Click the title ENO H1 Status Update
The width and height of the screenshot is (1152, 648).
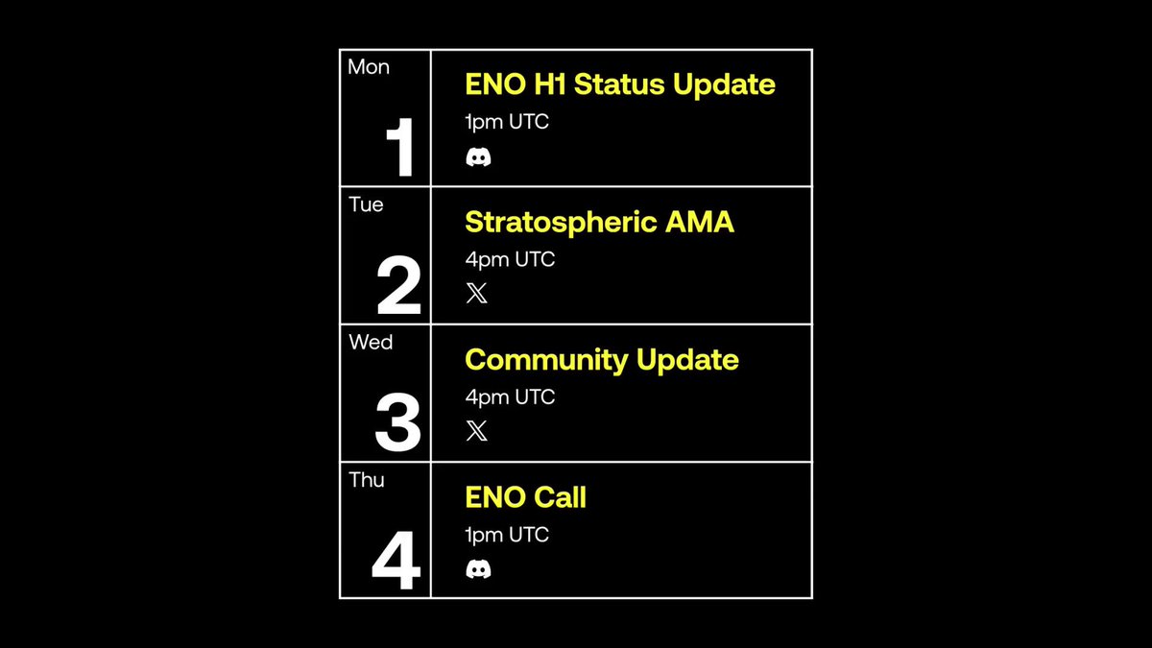click(620, 84)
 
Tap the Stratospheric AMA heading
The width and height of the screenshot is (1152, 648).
click(599, 223)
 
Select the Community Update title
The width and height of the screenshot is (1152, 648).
click(602, 360)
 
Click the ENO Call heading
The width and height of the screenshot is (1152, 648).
click(526, 497)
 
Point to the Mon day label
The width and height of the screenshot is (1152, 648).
click(369, 67)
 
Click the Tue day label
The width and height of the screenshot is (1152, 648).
click(366, 204)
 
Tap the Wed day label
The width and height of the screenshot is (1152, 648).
click(371, 342)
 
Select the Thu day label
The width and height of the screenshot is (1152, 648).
click(366, 480)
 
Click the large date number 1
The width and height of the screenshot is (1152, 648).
click(400, 147)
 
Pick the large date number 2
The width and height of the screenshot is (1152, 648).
click(398, 284)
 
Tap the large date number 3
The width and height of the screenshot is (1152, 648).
click(397, 422)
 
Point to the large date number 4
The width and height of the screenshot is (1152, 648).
click(396, 560)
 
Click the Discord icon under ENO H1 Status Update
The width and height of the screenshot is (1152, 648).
click(478, 156)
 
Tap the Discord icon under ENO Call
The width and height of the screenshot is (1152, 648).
click(478, 569)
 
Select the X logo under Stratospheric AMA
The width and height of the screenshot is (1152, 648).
click(477, 293)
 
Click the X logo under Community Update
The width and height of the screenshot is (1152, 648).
click(477, 431)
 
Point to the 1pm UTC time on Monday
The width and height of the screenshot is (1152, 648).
click(507, 123)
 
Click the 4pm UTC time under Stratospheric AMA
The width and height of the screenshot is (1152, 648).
click(510, 260)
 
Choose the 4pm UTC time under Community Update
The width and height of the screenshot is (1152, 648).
click(510, 397)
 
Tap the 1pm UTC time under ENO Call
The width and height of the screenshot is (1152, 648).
click(507, 535)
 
